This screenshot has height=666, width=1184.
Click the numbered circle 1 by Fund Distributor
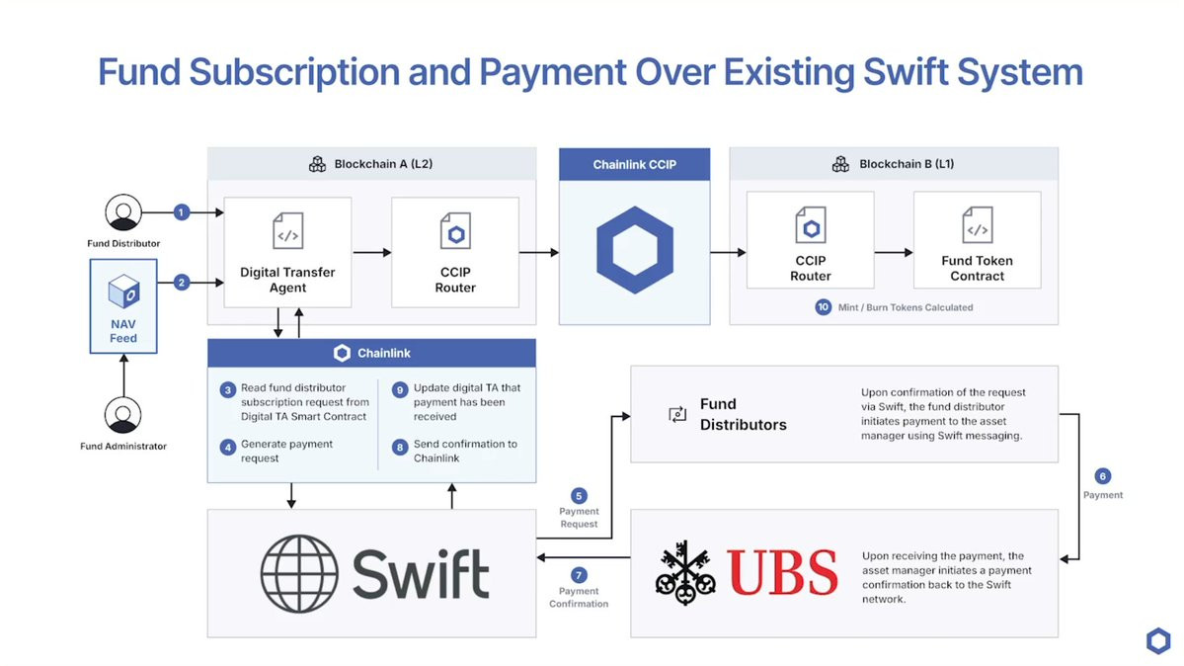click(x=181, y=211)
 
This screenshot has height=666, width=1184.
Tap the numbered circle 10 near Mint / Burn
click(x=823, y=307)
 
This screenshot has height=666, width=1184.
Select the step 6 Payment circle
click(x=1103, y=476)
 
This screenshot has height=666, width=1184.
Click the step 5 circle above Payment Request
click(x=579, y=495)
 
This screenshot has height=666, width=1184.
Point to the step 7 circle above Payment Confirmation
click(x=579, y=575)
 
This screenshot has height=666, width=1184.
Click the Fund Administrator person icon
click(x=123, y=415)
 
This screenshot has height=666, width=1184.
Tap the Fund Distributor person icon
click(x=123, y=212)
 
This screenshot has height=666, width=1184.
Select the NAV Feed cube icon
click(x=123, y=291)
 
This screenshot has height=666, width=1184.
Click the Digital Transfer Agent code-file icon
click(x=287, y=232)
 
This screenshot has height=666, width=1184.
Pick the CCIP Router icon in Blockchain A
click(x=455, y=232)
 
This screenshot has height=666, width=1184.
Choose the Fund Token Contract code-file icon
click(x=977, y=226)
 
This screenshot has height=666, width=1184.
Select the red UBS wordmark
click(x=782, y=573)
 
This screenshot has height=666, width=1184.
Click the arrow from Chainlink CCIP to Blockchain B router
click(x=728, y=253)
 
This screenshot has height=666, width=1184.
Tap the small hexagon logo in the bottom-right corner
click(x=1157, y=640)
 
